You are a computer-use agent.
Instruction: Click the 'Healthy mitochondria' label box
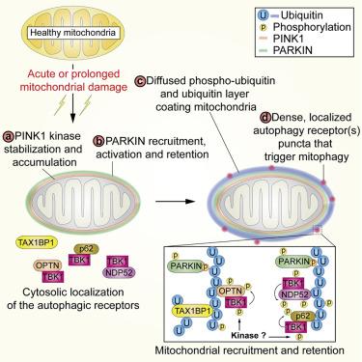pyautogui.click(x=72, y=33)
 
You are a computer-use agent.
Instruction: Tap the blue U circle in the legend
pyautogui.click(x=264, y=15)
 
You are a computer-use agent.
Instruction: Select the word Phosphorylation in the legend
pyautogui.click(x=312, y=27)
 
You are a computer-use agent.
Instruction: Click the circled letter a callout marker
pyautogui.click(x=9, y=136)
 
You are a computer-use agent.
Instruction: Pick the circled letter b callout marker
pyautogui.click(x=97, y=141)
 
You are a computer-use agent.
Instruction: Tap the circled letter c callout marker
pyautogui.click(x=140, y=80)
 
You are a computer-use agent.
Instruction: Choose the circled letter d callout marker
pyautogui.click(x=265, y=118)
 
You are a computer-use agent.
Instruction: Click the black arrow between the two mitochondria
pyautogui.click(x=176, y=202)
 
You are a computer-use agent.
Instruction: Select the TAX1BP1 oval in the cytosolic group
pyautogui.click(x=37, y=243)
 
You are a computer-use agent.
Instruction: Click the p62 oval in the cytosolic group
pyautogui.click(x=86, y=249)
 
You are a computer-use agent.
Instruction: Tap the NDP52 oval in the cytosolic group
pyautogui.click(x=118, y=272)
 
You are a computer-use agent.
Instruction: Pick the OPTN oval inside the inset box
pyautogui.click(x=230, y=292)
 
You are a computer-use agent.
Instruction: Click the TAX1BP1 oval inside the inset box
pyautogui.click(x=193, y=311)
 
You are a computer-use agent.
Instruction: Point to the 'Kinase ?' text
pyautogui.click(x=249, y=335)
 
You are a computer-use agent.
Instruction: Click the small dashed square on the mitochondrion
pyautogui.click(x=318, y=230)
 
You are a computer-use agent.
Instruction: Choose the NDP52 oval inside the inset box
pyautogui.click(x=295, y=293)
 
